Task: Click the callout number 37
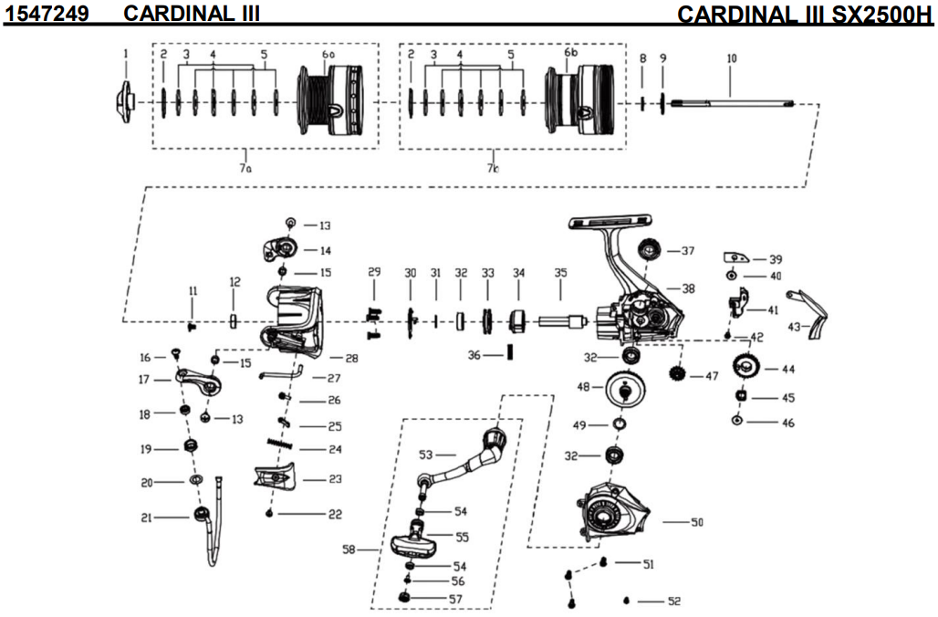pyautogui.click(x=688, y=250)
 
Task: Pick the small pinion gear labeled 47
pyautogui.click(x=677, y=372)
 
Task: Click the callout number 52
pyautogui.click(x=673, y=601)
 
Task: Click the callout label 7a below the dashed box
pyautogui.click(x=244, y=170)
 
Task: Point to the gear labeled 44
pyautogui.click(x=745, y=369)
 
